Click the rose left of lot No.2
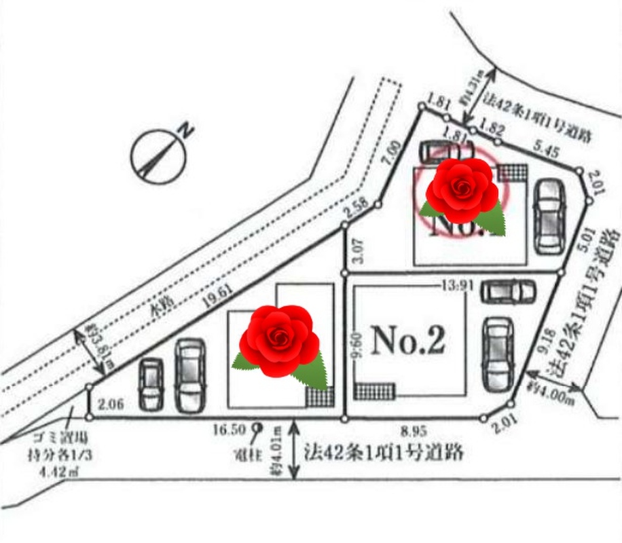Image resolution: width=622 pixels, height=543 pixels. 279,341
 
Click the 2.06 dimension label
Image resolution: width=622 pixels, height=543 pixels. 110,405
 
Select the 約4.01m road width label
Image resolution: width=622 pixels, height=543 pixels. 276,451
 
